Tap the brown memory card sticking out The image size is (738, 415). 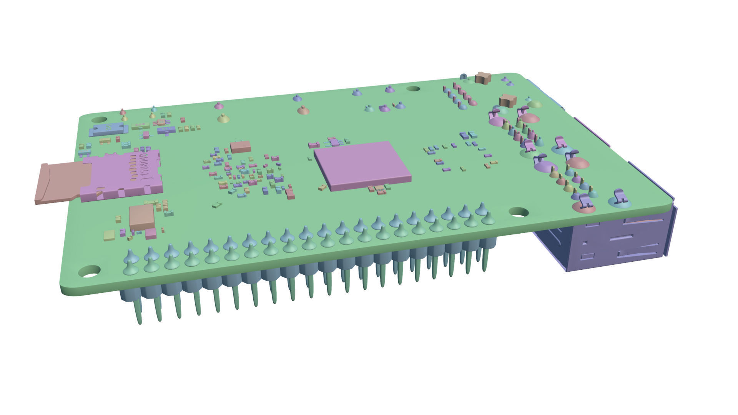58,183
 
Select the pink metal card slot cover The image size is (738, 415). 119,177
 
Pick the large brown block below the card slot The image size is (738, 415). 141,217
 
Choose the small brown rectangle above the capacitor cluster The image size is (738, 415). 240,146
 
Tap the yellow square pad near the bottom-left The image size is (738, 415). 109,235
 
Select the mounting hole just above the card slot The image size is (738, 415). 99,120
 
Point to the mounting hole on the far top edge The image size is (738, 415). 413,89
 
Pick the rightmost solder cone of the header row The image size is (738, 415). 488,219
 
